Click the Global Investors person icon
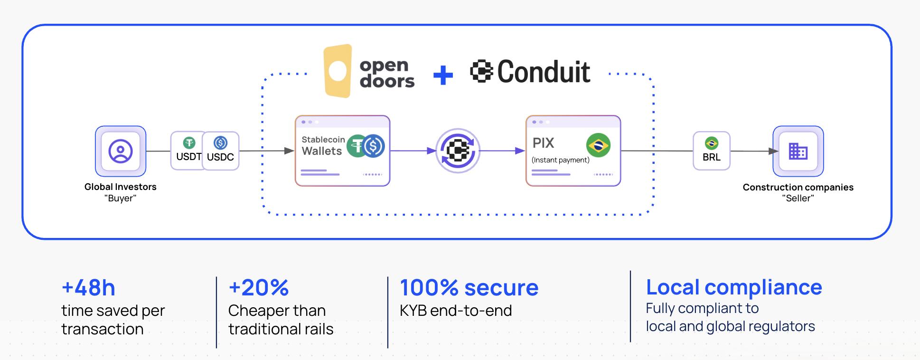click(x=121, y=152)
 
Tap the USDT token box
click(x=188, y=151)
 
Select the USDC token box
click(x=221, y=151)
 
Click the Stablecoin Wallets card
click(x=342, y=151)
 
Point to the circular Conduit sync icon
click(x=458, y=151)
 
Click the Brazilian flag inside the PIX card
click(x=598, y=145)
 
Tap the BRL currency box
click(x=711, y=151)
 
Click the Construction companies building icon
click(x=798, y=152)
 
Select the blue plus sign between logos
click(x=443, y=75)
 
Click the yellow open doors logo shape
click(x=338, y=71)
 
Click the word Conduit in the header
click(x=544, y=72)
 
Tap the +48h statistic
click(x=88, y=288)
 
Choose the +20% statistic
click(x=259, y=288)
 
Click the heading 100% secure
click(x=469, y=288)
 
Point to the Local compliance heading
click(x=734, y=287)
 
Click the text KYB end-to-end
click(x=456, y=311)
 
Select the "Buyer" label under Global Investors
click(x=121, y=199)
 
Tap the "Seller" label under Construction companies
click(x=798, y=199)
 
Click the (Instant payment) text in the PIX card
click(x=561, y=160)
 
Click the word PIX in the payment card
click(x=544, y=143)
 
